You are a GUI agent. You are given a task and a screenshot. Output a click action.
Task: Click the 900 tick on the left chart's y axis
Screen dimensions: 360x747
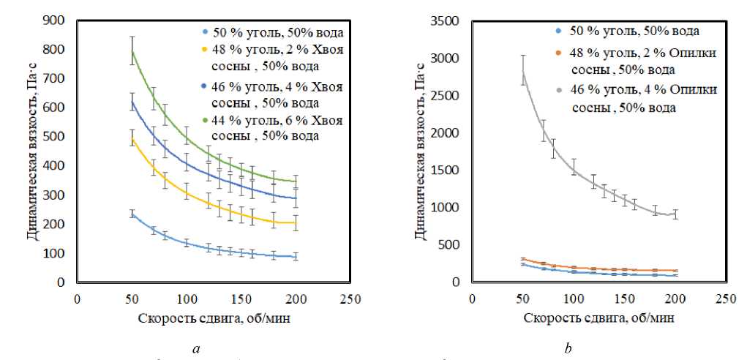56,20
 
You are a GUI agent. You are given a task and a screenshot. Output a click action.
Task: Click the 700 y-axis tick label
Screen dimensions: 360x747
56,78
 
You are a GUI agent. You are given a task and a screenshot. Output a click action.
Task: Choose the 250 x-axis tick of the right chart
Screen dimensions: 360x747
725,299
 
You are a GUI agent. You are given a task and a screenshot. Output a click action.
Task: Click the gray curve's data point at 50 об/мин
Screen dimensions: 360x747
523,72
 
